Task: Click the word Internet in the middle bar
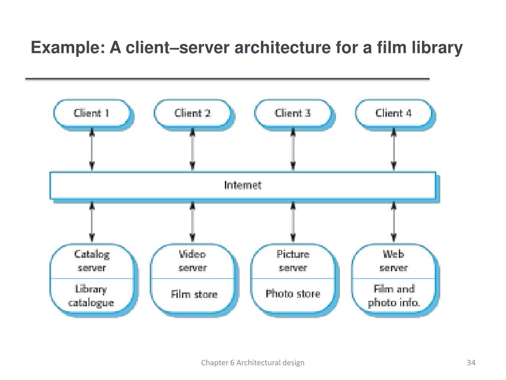point(243,185)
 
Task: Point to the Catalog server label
point(92,261)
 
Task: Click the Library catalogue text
point(91,296)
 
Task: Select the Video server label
point(193,261)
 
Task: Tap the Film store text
point(194,294)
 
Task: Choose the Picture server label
point(293,261)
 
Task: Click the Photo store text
point(293,294)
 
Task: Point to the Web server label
point(394,261)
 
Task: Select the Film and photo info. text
point(394,296)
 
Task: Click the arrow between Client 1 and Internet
point(92,149)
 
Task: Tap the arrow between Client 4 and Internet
point(394,149)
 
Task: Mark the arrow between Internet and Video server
point(193,222)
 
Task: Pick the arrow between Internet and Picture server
point(293,222)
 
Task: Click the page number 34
point(471,363)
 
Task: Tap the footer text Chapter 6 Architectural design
point(253,363)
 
